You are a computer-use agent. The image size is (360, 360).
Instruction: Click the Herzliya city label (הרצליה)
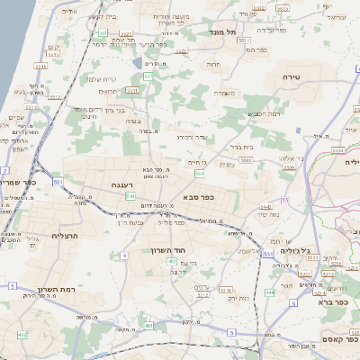[42, 236]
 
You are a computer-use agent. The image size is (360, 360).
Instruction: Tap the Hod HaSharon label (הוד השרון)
[168, 250]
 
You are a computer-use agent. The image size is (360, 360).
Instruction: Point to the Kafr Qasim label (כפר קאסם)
[326, 342]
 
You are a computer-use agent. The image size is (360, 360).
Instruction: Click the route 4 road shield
[123, 255]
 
